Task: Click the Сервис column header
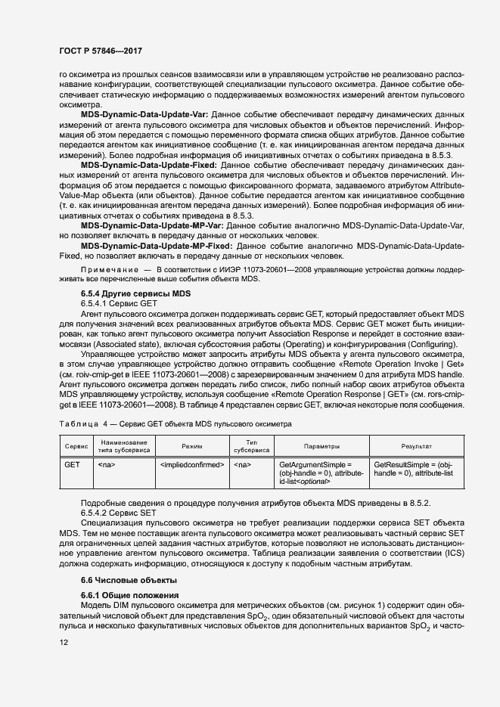point(76,446)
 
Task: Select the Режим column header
point(192,446)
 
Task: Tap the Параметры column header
point(321,446)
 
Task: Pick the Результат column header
point(416,446)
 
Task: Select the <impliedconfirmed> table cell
point(192,464)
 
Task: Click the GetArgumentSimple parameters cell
point(321,473)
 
